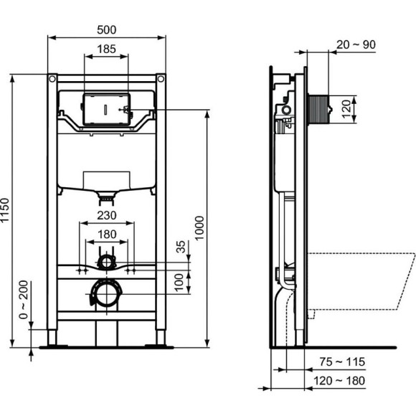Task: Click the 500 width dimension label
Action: [106, 29]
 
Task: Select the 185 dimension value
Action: [106, 49]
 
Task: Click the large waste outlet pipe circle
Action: [106, 294]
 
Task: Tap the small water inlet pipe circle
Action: [106, 261]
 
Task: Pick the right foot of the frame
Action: [159, 338]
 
